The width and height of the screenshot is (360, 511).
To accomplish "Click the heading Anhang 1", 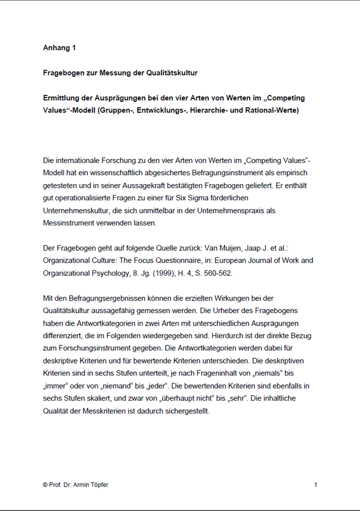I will (x=59, y=47).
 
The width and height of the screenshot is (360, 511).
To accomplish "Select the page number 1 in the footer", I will (x=316, y=485).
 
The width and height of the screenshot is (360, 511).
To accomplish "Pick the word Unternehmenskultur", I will (x=75, y=210).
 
